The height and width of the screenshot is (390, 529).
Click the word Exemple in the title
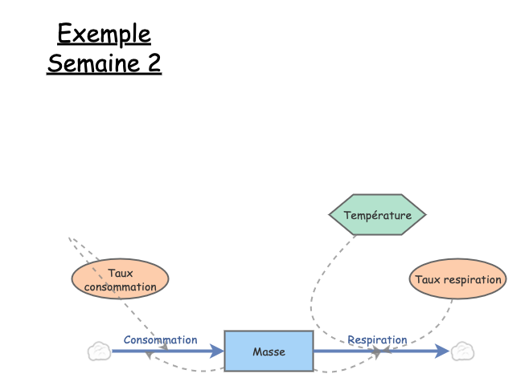tap(104, 34)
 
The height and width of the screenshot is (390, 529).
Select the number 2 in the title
tap(154, 63)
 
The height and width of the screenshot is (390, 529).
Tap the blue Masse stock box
tap(269, 351)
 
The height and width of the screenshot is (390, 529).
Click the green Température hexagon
tap(377, 214)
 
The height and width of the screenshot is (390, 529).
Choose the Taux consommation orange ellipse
tap(120, 279)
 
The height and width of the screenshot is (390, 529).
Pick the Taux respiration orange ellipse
tap(457, 279)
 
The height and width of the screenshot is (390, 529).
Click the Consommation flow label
tap(160, 339)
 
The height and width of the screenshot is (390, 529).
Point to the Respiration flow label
tap(377, 339)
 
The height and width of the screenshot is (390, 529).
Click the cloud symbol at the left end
tap(99, 351)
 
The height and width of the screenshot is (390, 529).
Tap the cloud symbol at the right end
tap(461, 351)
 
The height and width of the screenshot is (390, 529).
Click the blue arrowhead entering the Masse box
tap(217, 351)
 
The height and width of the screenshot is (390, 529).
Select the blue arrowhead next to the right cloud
tap(442, 351)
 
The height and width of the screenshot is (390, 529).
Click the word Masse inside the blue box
tap(269, 351)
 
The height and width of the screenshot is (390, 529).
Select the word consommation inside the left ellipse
tap(120, 286)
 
